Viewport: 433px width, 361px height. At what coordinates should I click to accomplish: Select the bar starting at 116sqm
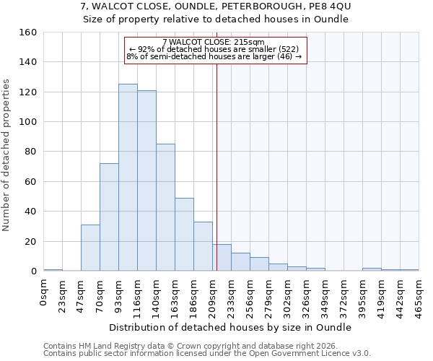146,180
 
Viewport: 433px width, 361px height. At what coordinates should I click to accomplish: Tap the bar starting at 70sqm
109,217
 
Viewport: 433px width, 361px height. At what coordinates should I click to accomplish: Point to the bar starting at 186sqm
203,246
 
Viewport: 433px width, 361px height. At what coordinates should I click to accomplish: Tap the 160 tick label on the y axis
28,32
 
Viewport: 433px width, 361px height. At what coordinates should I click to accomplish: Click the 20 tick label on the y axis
30,241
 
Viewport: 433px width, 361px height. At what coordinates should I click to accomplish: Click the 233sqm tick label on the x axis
232,295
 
